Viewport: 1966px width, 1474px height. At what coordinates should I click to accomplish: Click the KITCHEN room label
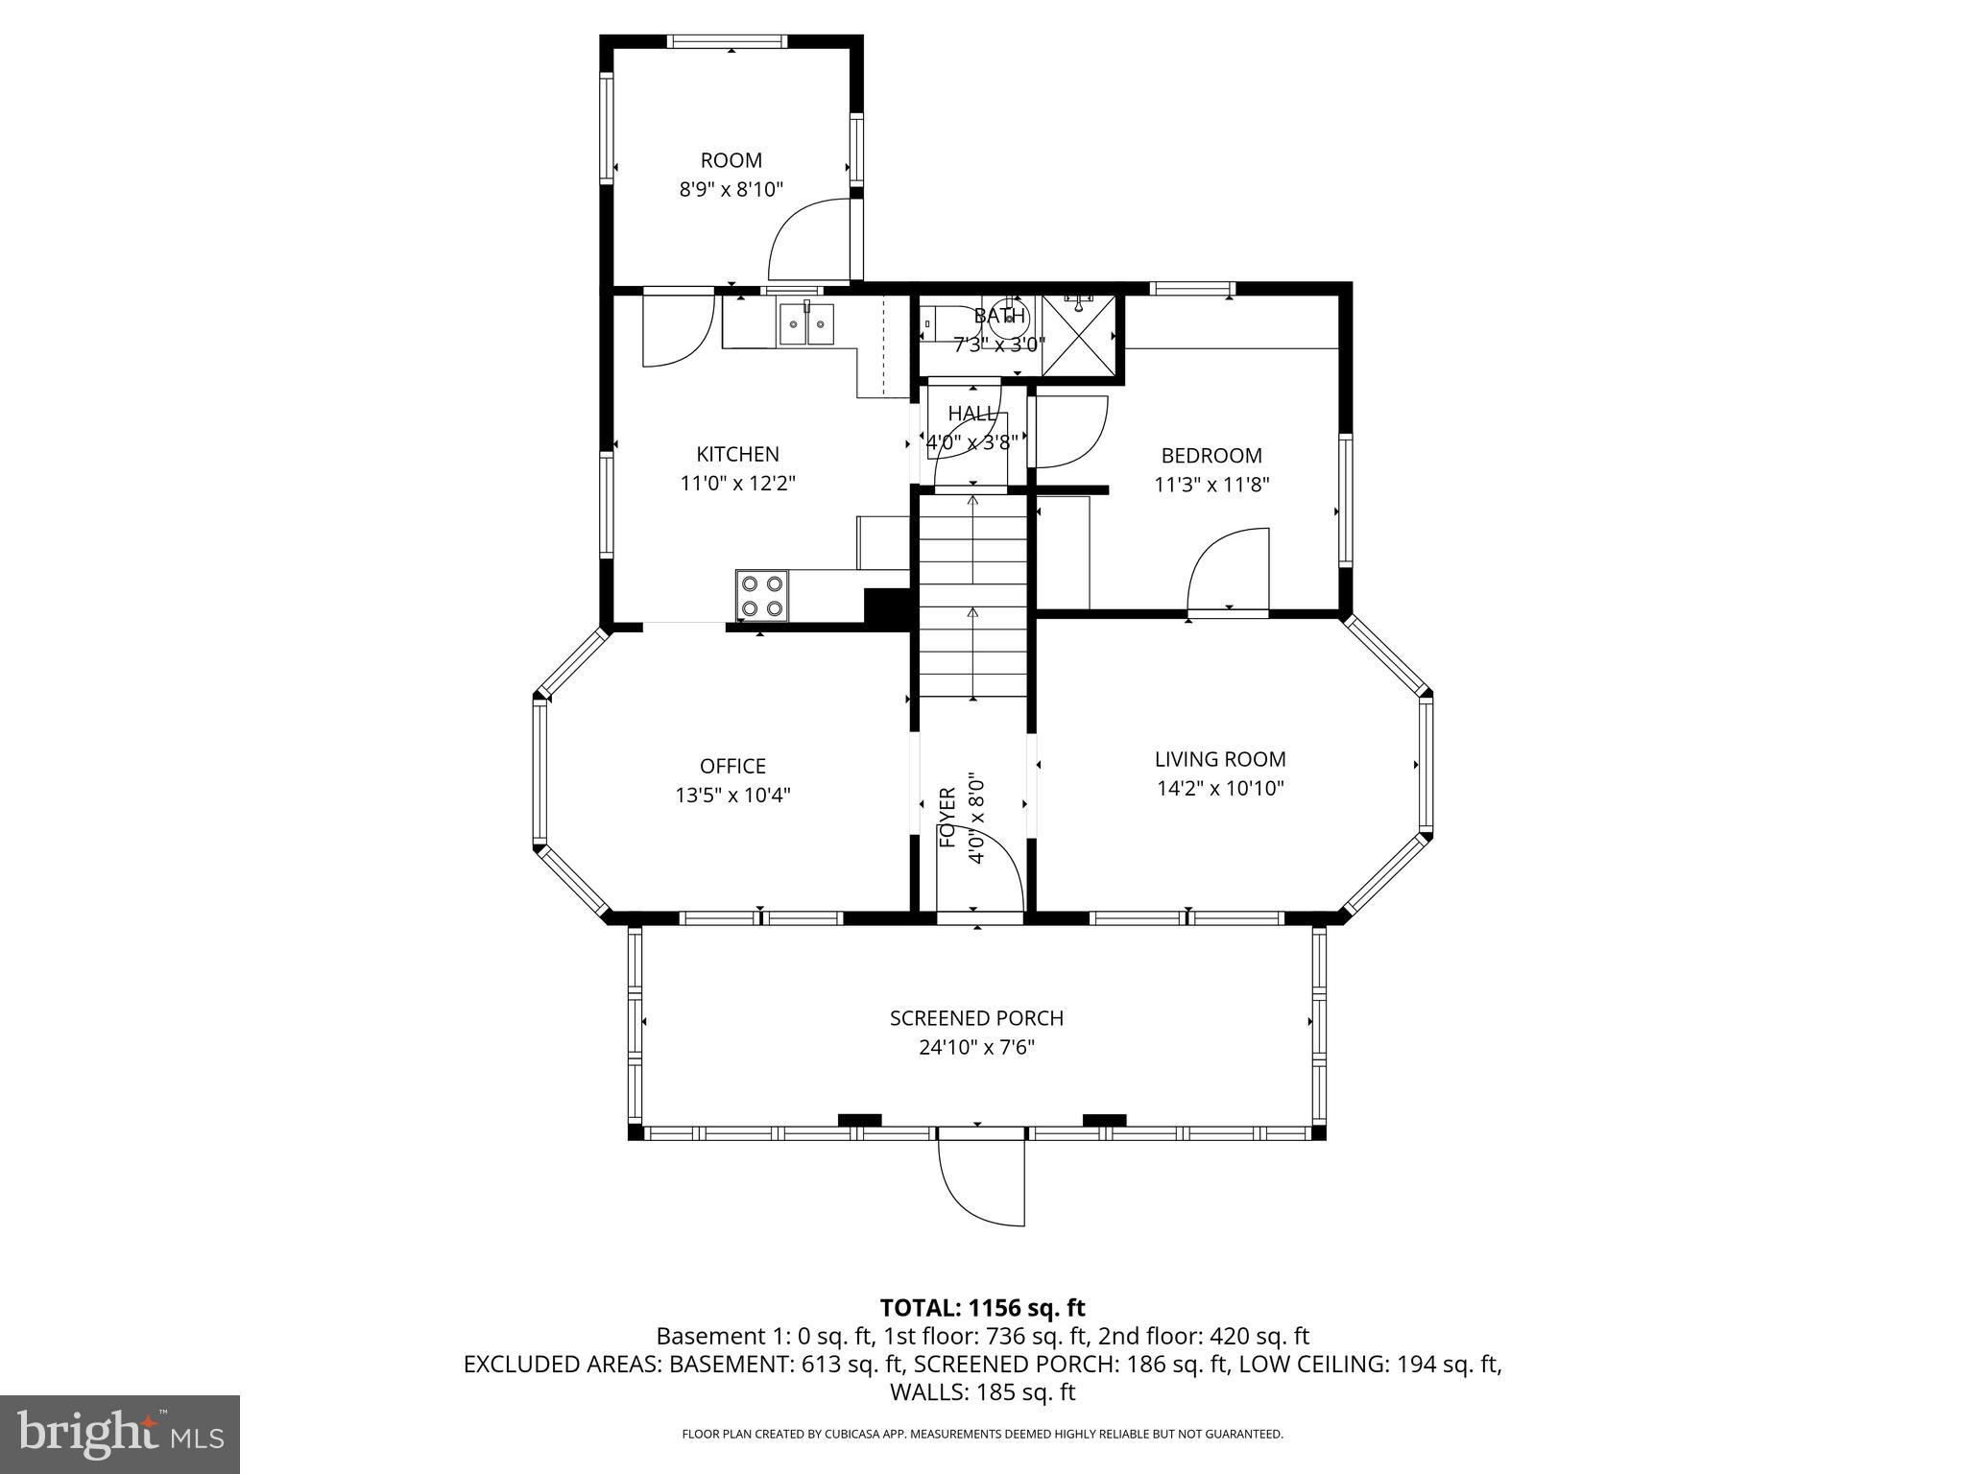pyautogui.click(x=737, y=454)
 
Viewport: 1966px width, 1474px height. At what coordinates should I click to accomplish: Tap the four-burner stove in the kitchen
pyautogui.click(x=761, y=595)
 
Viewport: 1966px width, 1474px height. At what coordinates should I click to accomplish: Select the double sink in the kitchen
pyautogui.click(x=806, y=323)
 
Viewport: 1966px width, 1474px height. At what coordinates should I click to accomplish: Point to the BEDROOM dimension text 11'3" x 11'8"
pyautogui.click(x=1211, y=486)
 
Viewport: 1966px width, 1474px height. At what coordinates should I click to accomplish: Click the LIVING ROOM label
pyautogui.click(x=1219, y=759)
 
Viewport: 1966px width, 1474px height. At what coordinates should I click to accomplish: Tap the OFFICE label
pyautogui.click(x=732, y=766)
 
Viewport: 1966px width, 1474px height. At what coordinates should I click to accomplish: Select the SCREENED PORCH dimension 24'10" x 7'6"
pyautogui.click(x=976, y=1047)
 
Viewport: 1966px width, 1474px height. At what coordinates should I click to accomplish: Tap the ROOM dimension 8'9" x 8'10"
pyautogui.click(x=731, y=190)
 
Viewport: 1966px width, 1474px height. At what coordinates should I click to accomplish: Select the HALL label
pyautogui.click(x=971, y=414)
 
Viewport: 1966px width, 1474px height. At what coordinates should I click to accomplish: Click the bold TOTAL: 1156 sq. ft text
pyautogui.click(x=982, y=1307)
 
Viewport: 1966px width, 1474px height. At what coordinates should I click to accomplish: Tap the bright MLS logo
pyautogui.click(x=120, y=1434)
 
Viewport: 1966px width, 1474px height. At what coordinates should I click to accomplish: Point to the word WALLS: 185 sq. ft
pyautogui.click(x=982, y=1391)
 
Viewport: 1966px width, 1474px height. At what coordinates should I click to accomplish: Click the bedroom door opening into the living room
pyautogui.click(x=1229, y=572)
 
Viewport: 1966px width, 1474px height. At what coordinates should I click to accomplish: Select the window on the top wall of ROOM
pyautogui.click(x=728, y=41)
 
